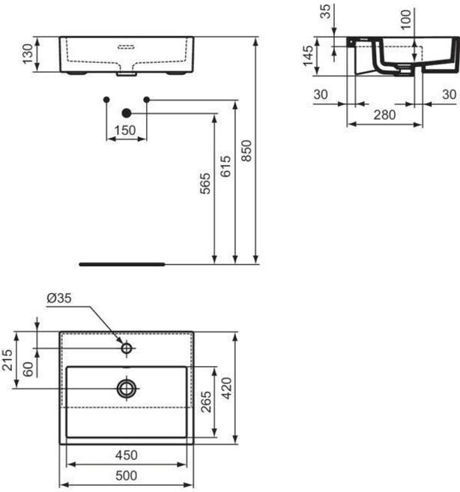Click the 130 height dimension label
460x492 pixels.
(x=26, y=54)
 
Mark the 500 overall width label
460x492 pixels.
(x=126, y=475)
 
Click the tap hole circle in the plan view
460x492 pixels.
(x=127, y=348)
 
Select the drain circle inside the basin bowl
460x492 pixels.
(x=127, y=388)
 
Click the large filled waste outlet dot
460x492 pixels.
(x=127, y=113)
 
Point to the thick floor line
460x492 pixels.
(x=121, y=264)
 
